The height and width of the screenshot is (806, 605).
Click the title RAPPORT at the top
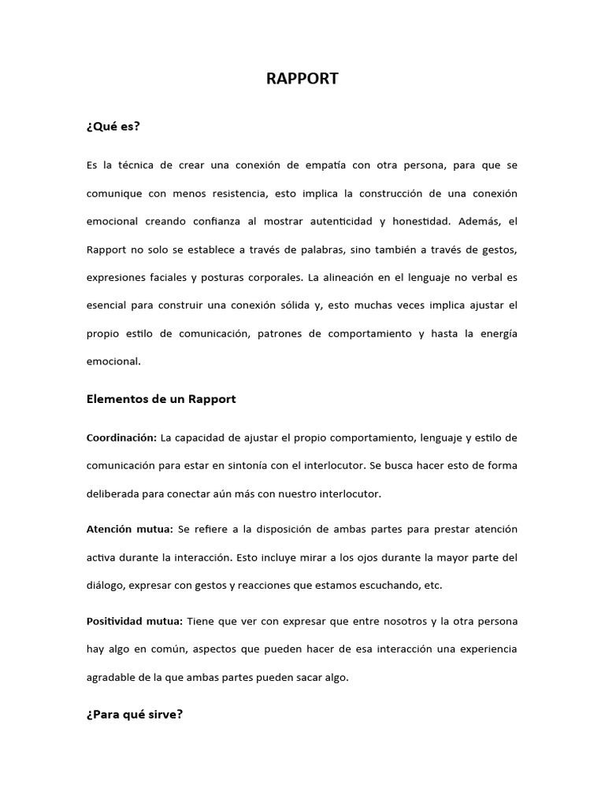302,79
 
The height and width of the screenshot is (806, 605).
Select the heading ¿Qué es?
113,126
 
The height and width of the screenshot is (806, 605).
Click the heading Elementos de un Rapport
161,399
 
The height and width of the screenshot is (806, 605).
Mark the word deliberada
111,494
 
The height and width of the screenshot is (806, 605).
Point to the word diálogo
106,586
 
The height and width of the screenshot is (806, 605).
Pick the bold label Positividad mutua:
134,621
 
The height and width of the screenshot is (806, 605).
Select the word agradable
111,678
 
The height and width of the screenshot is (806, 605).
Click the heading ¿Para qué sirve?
135,715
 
